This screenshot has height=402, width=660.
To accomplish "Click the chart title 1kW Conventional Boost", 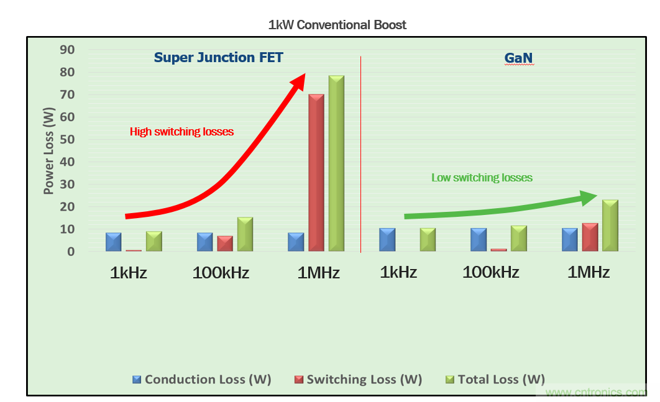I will coord(337,25).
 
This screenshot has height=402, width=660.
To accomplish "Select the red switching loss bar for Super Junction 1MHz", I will coord(316,173).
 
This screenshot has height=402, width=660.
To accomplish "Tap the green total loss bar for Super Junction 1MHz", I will coord(336,163).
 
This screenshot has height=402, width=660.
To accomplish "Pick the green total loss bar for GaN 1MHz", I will coord(610,226).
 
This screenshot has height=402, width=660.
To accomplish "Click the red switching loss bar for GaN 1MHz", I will coord(590,237).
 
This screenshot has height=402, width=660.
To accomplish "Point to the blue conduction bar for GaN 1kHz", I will coord(387,240).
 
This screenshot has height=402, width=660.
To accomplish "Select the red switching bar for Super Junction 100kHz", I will coord(225,244).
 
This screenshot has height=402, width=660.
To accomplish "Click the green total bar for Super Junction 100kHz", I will coord(245,234).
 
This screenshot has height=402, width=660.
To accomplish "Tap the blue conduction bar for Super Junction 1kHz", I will coord(113,242).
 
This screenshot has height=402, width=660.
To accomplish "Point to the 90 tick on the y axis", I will coord(66,50).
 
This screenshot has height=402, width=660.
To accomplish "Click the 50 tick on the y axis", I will coord(66,140).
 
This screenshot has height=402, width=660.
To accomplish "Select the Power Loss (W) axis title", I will coord(49,150).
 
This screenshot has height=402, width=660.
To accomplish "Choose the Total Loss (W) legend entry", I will coord(495,380).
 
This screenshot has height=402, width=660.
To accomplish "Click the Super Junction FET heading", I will coord(218,58).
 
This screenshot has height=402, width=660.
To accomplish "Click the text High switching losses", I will coord(181,132).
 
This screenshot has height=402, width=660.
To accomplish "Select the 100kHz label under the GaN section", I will coord(491,272).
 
